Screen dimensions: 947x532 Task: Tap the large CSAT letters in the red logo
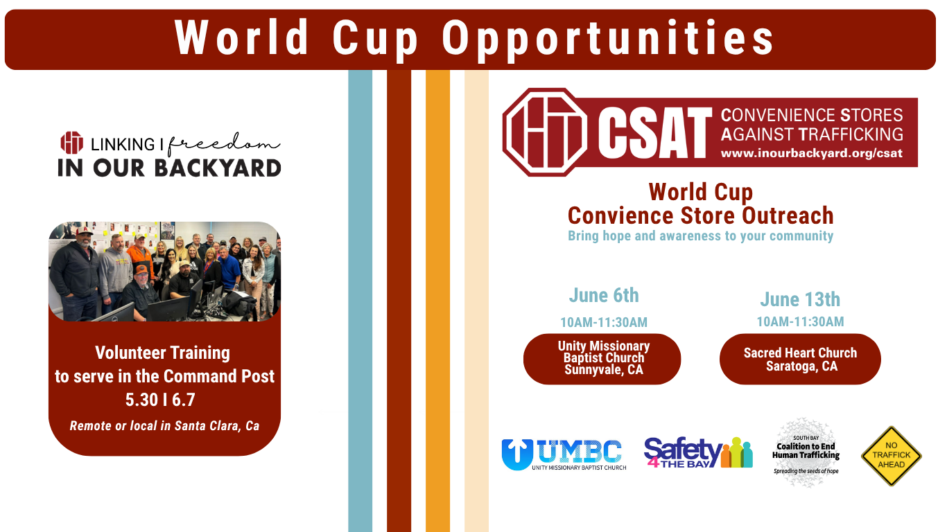[x=655, y=132]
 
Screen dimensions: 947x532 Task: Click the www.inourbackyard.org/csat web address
[x=812, y=153]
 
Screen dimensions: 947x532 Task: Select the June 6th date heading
[x=604, y=295]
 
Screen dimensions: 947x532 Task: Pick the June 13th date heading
[x=800, y=299]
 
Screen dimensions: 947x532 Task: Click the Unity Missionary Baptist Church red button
[x=602, y=359]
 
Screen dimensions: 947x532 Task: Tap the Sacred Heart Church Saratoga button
[x=800, y=359]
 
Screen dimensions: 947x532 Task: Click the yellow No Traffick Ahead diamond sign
[x=892, y=456]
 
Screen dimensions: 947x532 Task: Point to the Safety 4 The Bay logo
[x=698, y=452]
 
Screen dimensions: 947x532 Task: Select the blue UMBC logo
[x=564, y=454]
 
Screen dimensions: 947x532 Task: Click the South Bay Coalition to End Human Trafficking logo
[x=806, y=453]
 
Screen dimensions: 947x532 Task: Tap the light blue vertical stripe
[x=360, y=301]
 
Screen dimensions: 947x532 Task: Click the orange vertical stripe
[x=437, y=301]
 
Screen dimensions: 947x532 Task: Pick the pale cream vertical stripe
[x=476, y=301]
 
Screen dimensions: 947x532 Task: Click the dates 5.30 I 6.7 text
[x=160, y=400]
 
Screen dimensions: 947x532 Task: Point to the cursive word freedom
[x=224, y=144]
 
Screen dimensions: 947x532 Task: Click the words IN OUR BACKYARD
[x=169, y=168]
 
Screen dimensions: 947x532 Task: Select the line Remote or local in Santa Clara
[x=164, y=425]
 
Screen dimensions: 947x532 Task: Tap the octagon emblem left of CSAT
[x=544, y=132]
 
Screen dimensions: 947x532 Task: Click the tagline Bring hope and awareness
[x=700, y=236]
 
